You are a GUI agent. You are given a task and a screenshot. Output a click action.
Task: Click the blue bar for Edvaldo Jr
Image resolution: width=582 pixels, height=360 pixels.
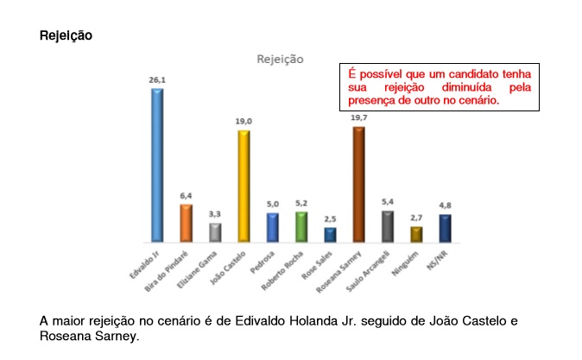tap(157, 164)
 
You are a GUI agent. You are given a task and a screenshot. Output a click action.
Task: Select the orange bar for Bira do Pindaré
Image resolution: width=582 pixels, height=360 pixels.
tap(186, 223)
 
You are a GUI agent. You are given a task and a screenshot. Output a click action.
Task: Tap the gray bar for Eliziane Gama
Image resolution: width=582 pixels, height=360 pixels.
tap(215, 232)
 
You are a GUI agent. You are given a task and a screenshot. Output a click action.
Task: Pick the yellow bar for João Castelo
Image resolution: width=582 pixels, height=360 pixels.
tap(244, 186)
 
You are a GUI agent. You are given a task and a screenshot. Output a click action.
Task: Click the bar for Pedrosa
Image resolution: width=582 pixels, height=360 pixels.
tap(272, 227)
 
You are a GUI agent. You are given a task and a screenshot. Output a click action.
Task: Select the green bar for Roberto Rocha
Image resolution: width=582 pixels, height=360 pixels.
tap(301, 226)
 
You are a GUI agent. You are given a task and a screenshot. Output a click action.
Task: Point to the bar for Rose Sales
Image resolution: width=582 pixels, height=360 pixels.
tap(330, 234)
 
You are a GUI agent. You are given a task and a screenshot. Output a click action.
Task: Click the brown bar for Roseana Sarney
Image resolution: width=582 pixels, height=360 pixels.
tap(358, 184)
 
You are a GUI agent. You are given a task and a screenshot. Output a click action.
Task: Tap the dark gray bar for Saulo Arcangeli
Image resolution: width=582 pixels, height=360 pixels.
tap(388, 225)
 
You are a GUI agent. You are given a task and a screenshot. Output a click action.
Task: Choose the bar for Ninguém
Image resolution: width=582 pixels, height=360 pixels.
tap(416, 233)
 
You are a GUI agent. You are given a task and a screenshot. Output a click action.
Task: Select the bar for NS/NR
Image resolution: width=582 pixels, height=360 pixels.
tap(445, 228)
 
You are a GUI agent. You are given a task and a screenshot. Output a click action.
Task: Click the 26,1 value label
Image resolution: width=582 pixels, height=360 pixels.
tap(157, 79)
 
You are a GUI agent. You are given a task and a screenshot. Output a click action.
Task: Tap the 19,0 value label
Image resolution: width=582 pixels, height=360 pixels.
tap(244, 122)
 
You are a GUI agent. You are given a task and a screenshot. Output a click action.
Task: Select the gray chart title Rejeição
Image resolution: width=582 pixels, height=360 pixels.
tap(280, 60)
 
